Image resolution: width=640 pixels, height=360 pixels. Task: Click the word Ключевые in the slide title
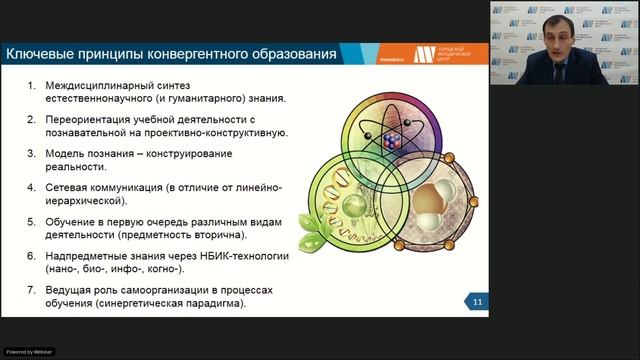pos(40,52)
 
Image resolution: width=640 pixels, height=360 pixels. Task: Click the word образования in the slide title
pos(290,52)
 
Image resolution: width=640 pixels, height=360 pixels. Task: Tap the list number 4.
pos(31,187)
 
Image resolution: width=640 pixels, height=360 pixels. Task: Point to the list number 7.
pos(31,289)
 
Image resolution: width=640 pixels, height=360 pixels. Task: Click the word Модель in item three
pos(69,153)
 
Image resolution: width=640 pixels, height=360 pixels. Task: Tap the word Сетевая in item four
pos(73,187)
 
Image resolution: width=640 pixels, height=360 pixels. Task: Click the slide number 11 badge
pos(478,302)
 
